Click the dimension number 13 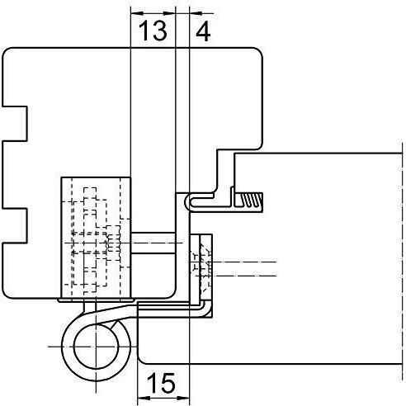pyautogui.click(x=153, y=31)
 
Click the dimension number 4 pyautogui.click(x=203, y=31)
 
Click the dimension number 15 pyautogui.click(x=161, y=382)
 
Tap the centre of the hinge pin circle pyautogui.click(x=96, y=347)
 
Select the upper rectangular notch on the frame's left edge pyautogui.click(x=15, y=124)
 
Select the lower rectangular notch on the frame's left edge pyautogui.click(x=15, y=225)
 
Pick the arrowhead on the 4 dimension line pyautogui.click(x=196, y=13)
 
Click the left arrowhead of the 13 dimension pyautogui.click(x=137, y=13)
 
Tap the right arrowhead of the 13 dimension pyautogui.click(x=169, y=13)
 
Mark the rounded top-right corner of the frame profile pyautogui.click(x=259, y=52)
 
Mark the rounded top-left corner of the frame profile pyautogui.click(x=6, y=52)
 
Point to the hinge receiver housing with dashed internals pyautogui.click(x=96, y=238)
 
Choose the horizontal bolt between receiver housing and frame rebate pyautogui.click(x=153, y=243)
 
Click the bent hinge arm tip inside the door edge pyautogui.click(x=205, y=309)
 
